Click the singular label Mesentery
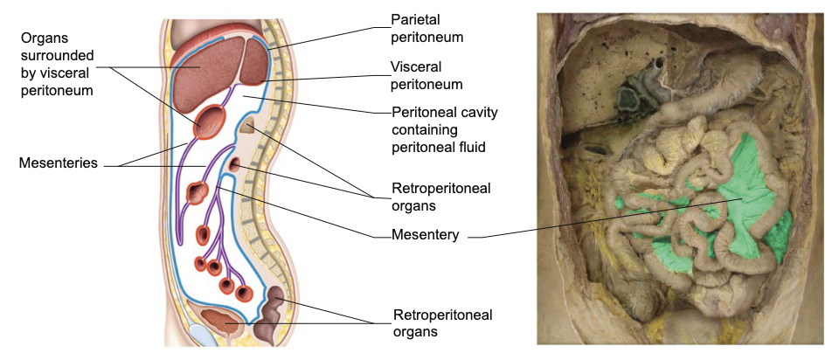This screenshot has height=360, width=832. point(425,235)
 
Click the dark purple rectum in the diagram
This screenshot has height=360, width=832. point(275,310)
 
